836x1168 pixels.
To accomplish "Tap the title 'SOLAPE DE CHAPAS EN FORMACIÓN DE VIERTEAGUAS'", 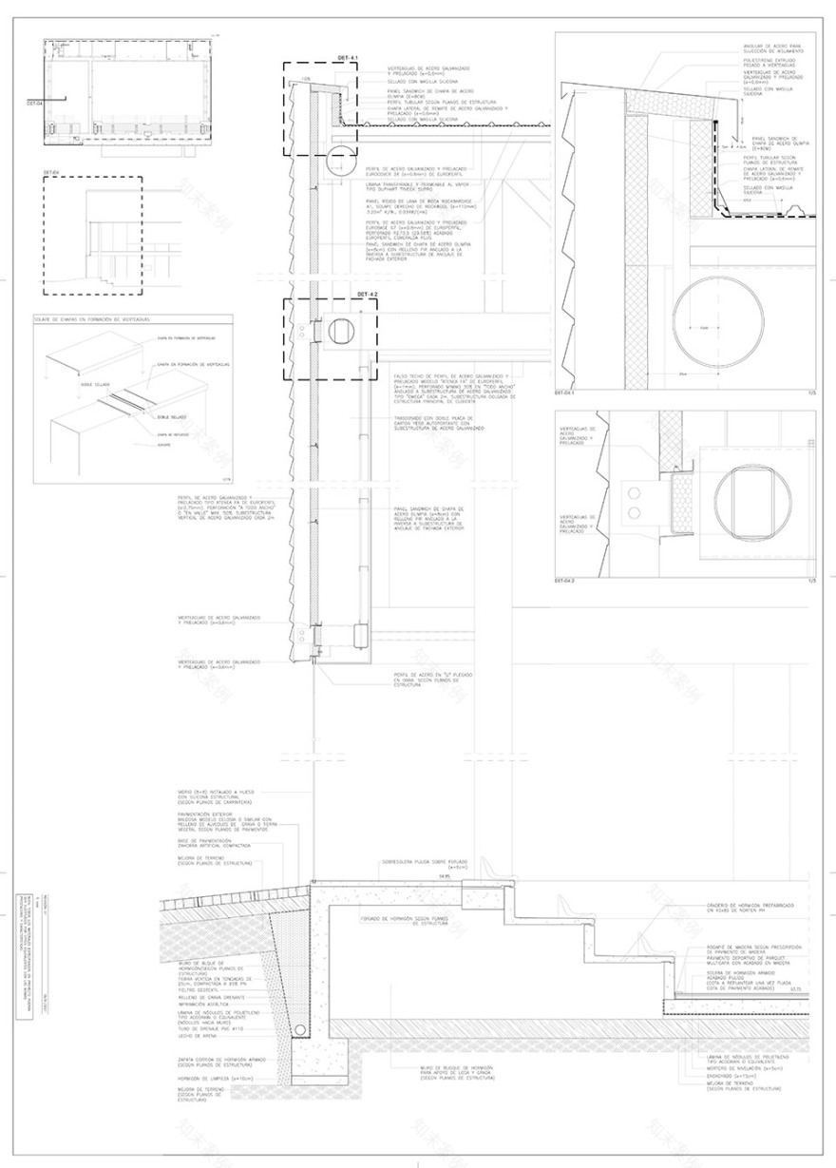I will pos(96,320).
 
